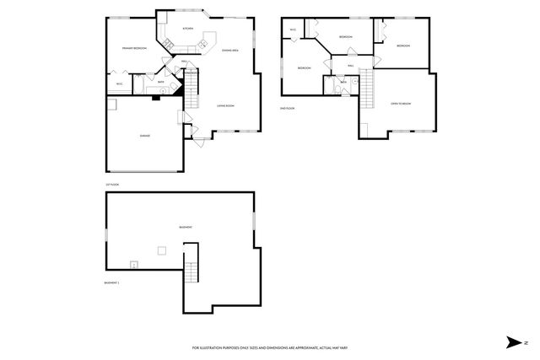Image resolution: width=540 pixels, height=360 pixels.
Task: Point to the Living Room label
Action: coord(224,105)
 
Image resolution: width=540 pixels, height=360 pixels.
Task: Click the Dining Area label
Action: coord(230,51)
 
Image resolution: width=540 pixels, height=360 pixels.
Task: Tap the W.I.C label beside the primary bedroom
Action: coord(119,83)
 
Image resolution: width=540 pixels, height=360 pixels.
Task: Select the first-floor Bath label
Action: coord(160,82)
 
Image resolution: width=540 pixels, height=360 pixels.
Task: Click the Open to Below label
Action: coord(400,103)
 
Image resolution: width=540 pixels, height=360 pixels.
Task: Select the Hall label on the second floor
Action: coord(349,66)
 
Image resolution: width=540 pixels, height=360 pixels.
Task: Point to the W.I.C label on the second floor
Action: coord(293,30)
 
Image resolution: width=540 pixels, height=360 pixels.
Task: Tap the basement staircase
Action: coord(191,271)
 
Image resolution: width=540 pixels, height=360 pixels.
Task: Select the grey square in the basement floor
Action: coord(161,249)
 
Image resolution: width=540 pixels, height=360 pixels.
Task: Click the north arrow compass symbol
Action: coord(514,341)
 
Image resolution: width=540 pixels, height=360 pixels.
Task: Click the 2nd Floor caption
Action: coord(286,108)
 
